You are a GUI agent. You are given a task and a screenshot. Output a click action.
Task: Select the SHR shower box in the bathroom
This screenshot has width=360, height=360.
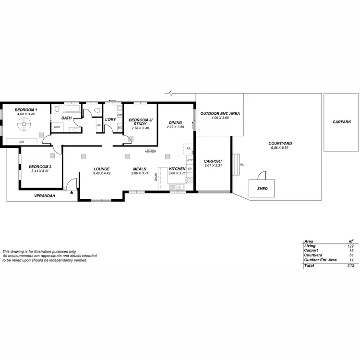(57, 127)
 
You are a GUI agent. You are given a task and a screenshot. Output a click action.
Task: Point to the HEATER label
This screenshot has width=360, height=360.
(151, 151)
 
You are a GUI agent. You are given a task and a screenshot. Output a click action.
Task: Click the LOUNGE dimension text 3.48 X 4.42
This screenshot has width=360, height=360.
(102, 173)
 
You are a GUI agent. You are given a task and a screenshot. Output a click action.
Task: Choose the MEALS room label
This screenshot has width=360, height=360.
(140, 169)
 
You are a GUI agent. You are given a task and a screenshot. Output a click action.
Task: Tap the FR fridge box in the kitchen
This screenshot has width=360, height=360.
(189, 149)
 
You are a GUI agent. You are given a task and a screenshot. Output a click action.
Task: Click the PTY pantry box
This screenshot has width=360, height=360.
(190, 160)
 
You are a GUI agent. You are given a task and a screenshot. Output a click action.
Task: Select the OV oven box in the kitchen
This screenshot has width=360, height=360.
(190, 169)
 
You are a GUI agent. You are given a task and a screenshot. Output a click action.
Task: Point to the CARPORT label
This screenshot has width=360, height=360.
(213, 161)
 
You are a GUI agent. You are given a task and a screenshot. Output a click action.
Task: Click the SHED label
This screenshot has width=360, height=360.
(263, 189)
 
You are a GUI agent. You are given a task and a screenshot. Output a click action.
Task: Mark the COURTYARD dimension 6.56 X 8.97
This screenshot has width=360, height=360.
(280, 148)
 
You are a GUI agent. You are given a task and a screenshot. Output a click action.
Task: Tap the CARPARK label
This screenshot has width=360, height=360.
(342, 122)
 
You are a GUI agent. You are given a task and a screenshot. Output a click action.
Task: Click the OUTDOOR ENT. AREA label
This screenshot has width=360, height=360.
(220, 114)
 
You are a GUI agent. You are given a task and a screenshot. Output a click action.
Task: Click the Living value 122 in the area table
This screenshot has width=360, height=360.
(350, 246)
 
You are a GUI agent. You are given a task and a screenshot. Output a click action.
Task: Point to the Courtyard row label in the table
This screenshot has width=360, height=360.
(312, 255)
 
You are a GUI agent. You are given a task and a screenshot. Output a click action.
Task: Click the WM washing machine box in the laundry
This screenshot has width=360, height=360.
(120, 115)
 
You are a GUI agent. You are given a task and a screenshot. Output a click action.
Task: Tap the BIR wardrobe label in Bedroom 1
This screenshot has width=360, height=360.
(22, 142)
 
